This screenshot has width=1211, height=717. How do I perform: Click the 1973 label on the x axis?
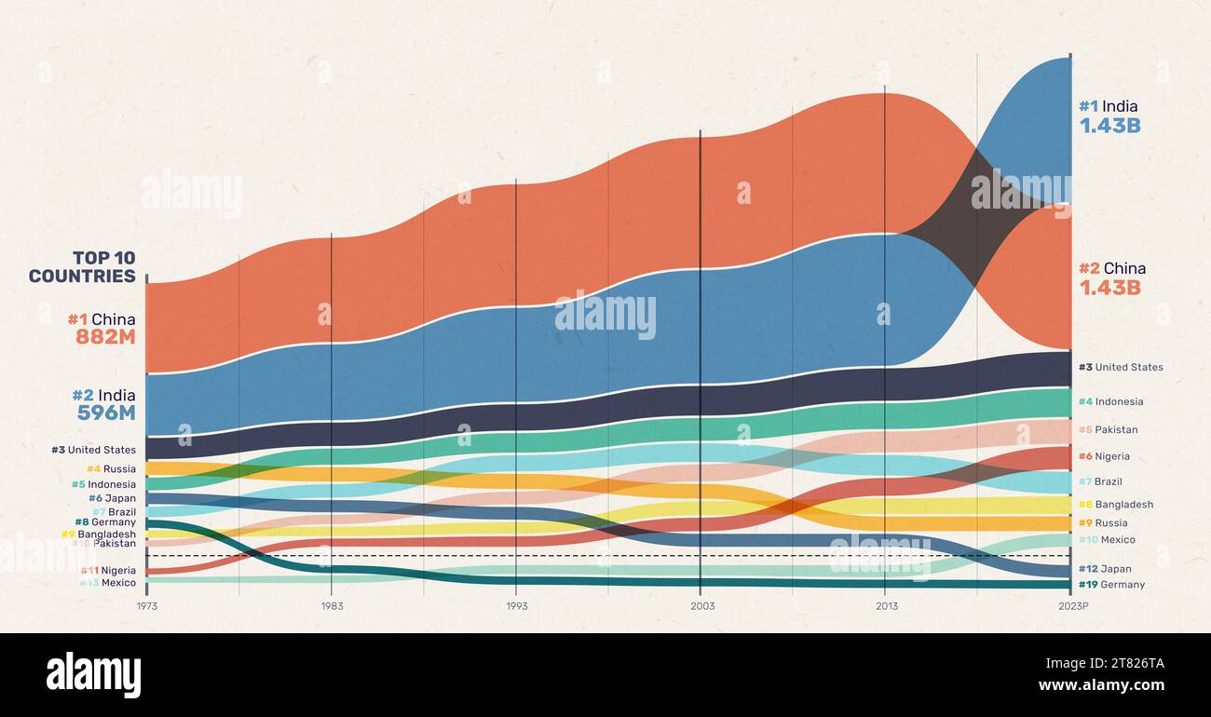click(x=146, y=605)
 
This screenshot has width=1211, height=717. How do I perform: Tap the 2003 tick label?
click(x=702, y=605)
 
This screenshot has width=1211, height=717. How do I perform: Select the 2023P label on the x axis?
click(x=1072, y=605)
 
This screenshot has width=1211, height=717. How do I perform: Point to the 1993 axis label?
click(x=517, y=605)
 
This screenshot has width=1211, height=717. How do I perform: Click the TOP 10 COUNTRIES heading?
click(x=82, y=267)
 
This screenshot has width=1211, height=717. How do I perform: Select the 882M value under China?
click(x=105, y=338)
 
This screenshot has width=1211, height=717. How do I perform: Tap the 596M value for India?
click(x=106, y=413)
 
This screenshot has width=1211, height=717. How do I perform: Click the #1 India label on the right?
click(x=1108, y=106)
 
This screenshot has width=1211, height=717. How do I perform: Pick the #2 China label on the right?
click(x=1112, y=268)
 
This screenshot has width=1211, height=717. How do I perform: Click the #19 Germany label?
click(x=1111, y=585)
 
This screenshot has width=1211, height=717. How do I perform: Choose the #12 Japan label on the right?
click(x=1105, y=569)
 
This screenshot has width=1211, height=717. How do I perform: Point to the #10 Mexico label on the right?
click(x=1107, y=540)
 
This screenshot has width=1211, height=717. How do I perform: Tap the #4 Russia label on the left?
click(x=111, y=469)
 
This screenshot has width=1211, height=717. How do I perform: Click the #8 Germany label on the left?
click(x=105, y=522)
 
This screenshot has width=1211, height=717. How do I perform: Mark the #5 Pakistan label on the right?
click(x=1108, y=430)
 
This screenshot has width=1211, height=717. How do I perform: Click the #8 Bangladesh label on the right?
click(x=1115, y=505)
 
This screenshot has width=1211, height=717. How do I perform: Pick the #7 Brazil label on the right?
click(x=1100, y=482)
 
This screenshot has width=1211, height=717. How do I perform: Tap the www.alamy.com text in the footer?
click(x=1101, y=686)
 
